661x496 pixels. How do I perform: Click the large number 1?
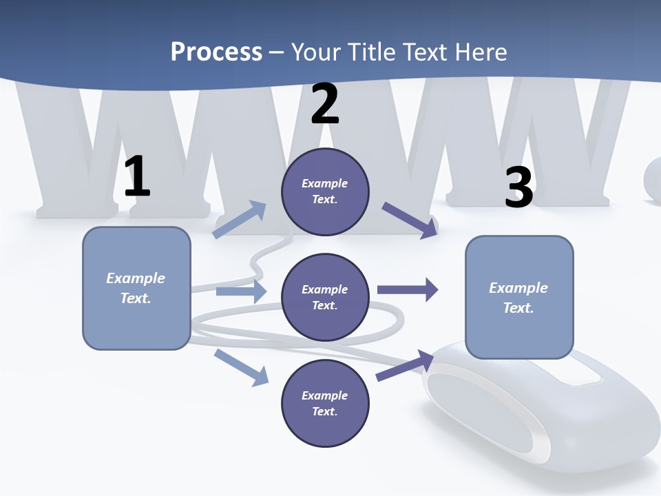[137, 177]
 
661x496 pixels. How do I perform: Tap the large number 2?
[325, 104]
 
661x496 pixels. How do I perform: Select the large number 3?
[518, 187]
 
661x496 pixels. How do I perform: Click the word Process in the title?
[216, 52]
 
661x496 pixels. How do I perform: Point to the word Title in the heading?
[372, 52]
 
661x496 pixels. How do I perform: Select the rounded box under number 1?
[136, 288]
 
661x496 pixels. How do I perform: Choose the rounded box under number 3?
[519, 298]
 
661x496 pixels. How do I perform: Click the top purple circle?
[325, 192]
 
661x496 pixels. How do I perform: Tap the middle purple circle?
[325, 298]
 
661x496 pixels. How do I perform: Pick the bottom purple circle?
[325, 404]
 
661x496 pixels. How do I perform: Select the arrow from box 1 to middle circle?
[241, 292]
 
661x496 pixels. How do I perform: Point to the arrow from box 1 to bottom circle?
[242, 367]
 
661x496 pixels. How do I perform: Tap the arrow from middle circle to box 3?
[408, 289]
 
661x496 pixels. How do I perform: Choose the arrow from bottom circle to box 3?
[405, 366]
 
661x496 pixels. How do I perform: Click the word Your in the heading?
[315, 52]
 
